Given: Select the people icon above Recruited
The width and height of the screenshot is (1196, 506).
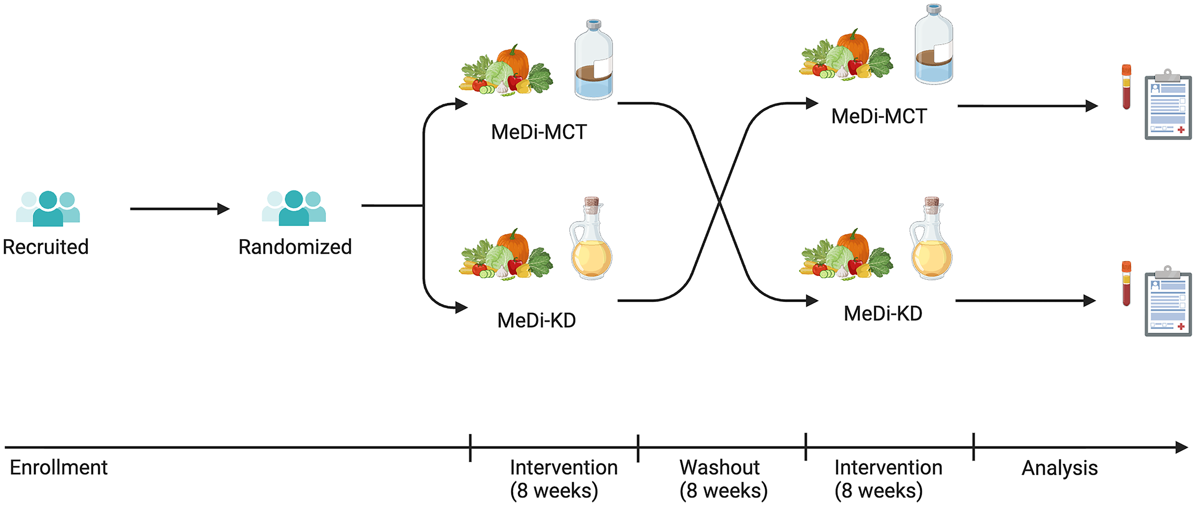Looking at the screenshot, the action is tap(48, 208).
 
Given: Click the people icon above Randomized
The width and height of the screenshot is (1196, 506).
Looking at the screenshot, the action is tap(294, 208).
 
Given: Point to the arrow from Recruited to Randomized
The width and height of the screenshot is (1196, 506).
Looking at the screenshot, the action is tap(180, 209).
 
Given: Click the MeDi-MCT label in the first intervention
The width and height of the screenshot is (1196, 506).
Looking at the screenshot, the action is tap(539, 132).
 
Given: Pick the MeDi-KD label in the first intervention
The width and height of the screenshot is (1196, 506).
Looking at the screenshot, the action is tap(537, 320).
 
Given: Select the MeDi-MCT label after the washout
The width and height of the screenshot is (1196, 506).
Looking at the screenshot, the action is tap(879, 116).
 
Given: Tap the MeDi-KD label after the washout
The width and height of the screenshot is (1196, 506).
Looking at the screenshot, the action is tap(883, 313).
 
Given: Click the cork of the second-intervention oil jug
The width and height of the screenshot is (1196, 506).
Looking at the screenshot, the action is tap(932, 202).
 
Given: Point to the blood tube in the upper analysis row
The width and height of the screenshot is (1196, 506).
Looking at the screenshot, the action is tap(1126, 87).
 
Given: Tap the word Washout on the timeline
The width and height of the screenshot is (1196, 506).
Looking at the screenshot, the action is tap(720, 467).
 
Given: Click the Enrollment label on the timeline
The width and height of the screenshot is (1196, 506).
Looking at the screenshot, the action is tap(58, 467).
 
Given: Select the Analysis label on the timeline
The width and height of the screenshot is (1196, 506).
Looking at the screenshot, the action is tap(1060, 468).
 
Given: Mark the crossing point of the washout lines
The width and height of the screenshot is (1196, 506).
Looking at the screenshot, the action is tap(719, 202).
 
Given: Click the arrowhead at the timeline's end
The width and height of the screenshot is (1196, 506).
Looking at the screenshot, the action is tap(1182, 448).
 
